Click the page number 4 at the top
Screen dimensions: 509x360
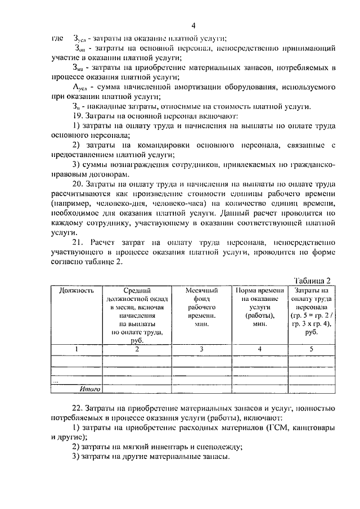pos(193,25)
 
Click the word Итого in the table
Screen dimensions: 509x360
pos(89,389)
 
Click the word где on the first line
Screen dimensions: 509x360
pos(57,38)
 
